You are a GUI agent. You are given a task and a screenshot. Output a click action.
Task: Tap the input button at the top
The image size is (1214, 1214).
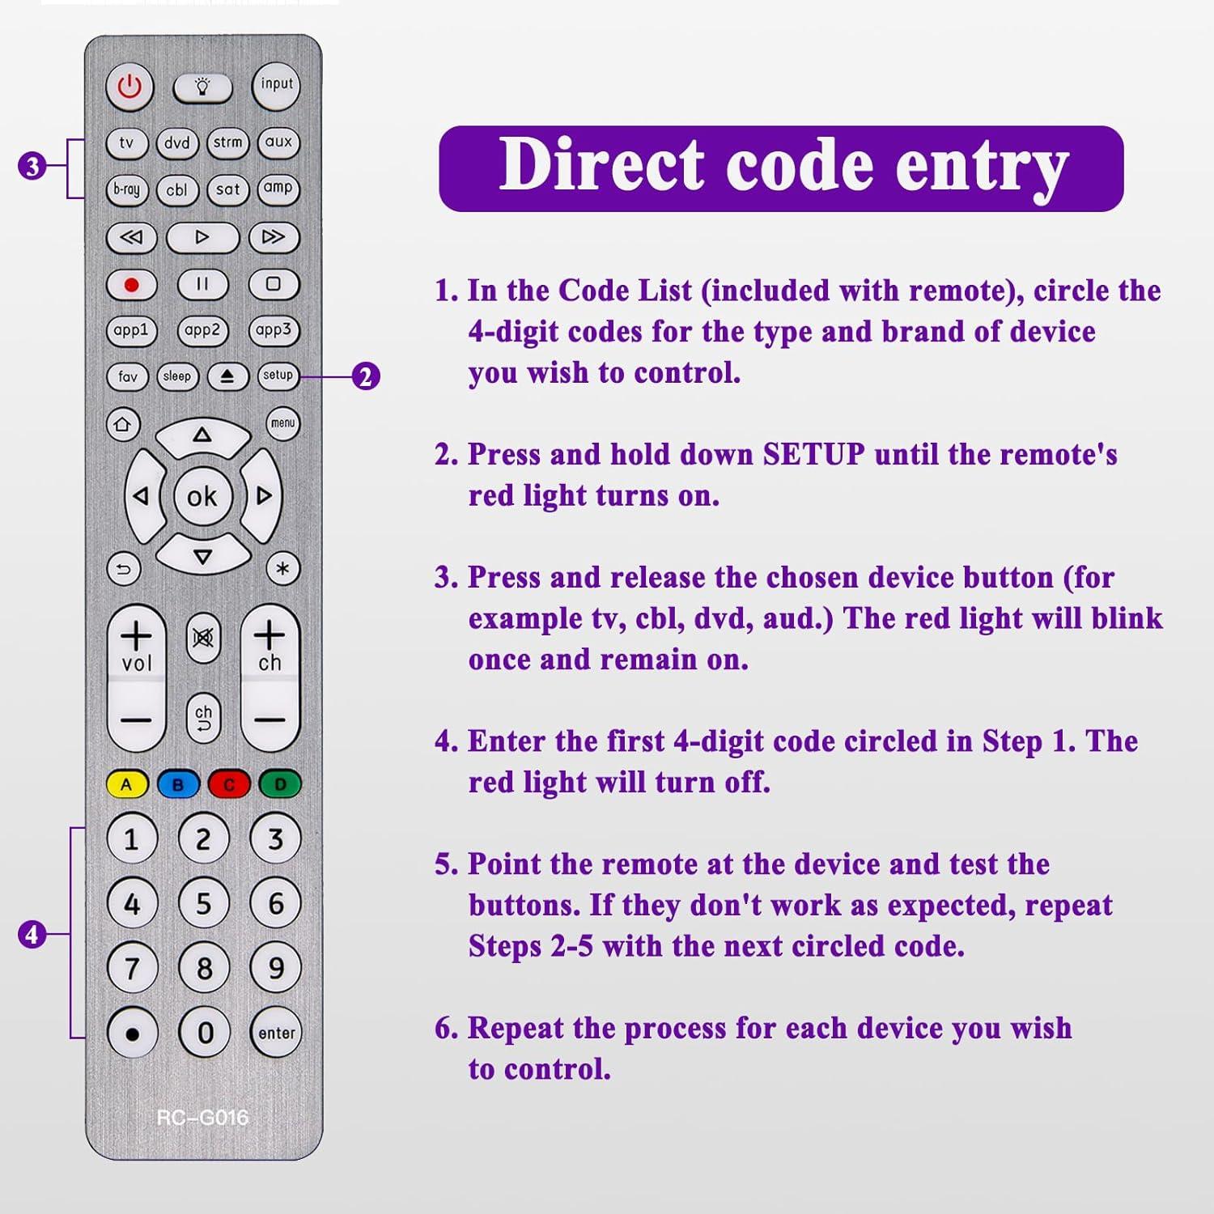tap(277, 85)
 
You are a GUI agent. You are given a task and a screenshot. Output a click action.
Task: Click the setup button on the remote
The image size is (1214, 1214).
tap(278, 376)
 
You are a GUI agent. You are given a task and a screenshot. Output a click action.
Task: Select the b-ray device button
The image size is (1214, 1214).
tap(127, 189)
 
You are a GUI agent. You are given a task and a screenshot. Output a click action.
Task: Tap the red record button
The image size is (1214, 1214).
tap(131, 284)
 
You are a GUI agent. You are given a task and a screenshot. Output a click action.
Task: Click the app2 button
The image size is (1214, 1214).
tap(202, 330)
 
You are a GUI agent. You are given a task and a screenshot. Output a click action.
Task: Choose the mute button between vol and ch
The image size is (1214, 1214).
tap(203, 639)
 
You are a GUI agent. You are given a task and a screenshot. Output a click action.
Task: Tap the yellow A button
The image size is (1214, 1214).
tap(126, 784)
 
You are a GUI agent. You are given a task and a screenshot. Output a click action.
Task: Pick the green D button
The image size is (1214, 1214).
tap(280, 784)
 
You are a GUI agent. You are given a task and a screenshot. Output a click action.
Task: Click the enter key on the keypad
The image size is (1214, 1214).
tap(277, 1033)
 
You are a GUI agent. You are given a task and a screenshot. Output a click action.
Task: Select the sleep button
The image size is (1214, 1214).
tap(177, 376)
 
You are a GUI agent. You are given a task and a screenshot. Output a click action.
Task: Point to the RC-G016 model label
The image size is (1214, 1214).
tap(202, 1118)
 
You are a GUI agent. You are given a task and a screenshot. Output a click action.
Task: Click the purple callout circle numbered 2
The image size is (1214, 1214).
tap(366, 376)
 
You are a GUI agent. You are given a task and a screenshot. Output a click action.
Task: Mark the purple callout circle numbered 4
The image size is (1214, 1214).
tap(32, 935)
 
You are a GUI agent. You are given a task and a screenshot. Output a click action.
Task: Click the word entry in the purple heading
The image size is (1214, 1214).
tap(982, 166)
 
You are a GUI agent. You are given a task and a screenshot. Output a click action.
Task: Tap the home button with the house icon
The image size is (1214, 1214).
tap(122, 424)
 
